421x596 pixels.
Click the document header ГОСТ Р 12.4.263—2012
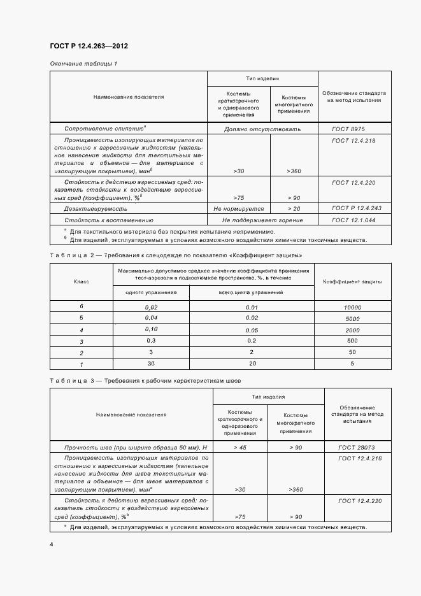click(x=92, y=47)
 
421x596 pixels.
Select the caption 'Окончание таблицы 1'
click(x=83, y=64)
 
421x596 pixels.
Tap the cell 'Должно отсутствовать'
click(x=262, y=129)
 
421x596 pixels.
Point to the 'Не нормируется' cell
click(x=239, y=208)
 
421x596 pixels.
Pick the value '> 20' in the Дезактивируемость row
click(x=294, y=208)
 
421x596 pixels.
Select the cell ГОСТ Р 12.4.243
click(x=355, y=208)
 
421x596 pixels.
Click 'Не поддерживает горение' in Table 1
click(x=262, y=220)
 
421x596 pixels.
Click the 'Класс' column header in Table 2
click(x=82, y=281)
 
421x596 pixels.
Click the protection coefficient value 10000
click(x=352, y=307)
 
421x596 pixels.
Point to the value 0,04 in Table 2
click(x=151, y=318)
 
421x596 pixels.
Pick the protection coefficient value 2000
click(x=352, y=330)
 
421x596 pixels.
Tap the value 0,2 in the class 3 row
click(x=252, y=341)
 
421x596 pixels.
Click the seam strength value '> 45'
click(x=240, y=447)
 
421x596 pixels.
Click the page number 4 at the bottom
click(x=52, y=544)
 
